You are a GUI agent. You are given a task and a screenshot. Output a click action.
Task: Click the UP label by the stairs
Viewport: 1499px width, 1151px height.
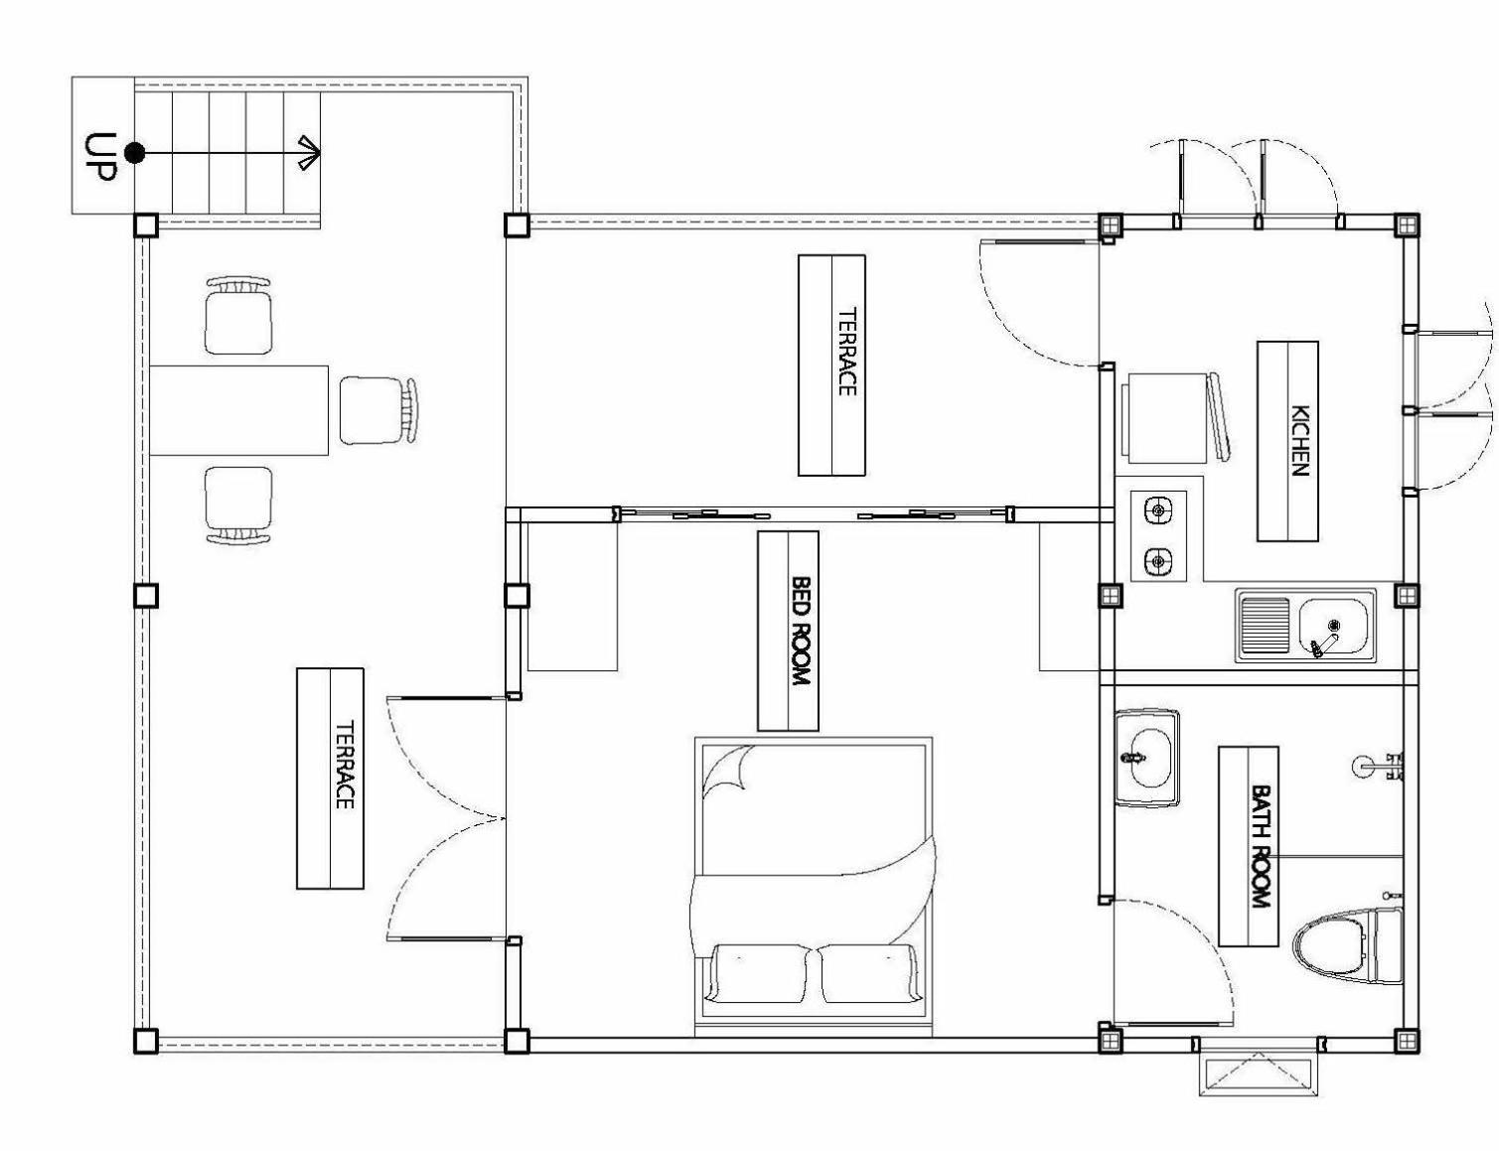pyautogui.click(x=99, y=156)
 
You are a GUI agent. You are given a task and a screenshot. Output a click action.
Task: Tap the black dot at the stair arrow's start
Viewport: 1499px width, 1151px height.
pyautogui.click(x=134, y=153)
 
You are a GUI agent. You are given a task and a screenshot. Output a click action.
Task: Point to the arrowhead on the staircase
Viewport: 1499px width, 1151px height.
pyautogui.click(x=310, y=153)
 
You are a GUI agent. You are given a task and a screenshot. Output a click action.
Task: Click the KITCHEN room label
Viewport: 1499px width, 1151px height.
pyautogui.click(x=1299, y=441)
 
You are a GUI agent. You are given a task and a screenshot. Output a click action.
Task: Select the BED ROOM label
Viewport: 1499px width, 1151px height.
pyautogui.click(x=800, y=631)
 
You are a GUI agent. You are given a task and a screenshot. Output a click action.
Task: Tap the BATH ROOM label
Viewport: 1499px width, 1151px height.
pyautogui.click(x=1261, y=846)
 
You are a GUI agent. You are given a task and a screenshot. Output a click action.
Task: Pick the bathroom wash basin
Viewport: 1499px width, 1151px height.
pyautogui.click(x=1146, y=757)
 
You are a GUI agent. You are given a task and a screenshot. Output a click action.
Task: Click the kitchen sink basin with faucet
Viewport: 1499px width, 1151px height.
pyautogui.click(x=1332, y=627)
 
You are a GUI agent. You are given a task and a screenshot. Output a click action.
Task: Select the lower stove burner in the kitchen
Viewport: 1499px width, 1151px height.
pyautogui.click(x=1158, y=560)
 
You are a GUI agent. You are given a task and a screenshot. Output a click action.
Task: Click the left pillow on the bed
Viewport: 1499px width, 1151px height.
pyautogui.click(x=759, y=973)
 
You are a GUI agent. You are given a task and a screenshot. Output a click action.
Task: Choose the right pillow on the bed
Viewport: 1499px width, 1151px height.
pyautogui.click(x=868, y=973)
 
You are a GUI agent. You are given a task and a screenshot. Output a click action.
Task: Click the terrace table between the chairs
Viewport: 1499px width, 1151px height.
pyautogui.click(x=238, y=410)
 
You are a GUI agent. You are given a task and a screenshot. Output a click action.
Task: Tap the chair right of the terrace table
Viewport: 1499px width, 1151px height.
pyautogui.click(x=378, y=410)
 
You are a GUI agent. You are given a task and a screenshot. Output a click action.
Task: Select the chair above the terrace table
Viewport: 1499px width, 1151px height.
pyautogui.click(x=238, y=315)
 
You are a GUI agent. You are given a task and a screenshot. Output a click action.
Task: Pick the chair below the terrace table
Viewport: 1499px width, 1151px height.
pyautogui.click(x=238, y=506)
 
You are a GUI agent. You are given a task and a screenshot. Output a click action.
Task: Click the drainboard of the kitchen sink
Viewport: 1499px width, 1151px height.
pyautogui.click(x=1265, y=625)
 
